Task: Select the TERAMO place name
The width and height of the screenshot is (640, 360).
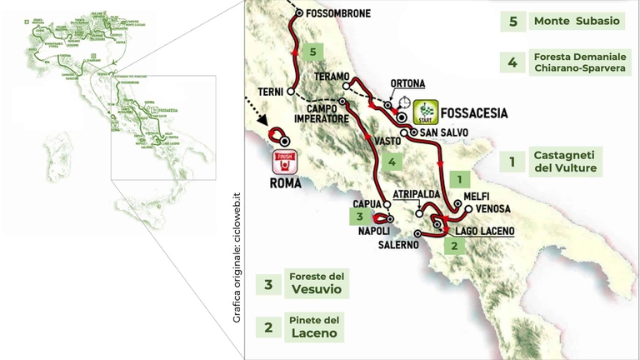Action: pyautogui.click(x=331, y=76)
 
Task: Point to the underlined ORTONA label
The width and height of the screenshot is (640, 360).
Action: pyautogui.click(x=407, y=83)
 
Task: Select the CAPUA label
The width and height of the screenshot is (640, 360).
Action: pyautogui.click(x=367, y=202)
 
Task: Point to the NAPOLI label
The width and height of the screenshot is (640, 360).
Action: pyautogui.click(x=362, y=232)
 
